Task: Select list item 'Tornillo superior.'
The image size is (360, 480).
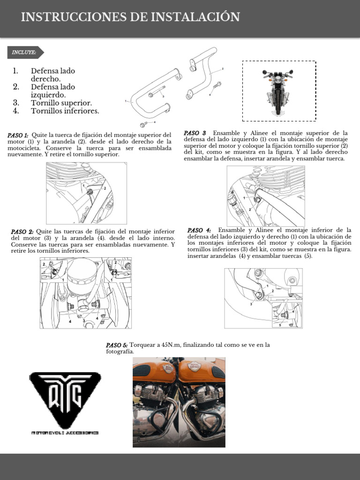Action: (61, 103)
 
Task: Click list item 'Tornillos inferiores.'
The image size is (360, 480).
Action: (65, 111)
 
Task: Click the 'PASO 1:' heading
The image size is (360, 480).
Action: (18, 135)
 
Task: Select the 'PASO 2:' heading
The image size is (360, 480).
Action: (22, 232)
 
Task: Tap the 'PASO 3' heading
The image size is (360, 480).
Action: (195, 133)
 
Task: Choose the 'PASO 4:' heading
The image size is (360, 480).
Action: (199, 230)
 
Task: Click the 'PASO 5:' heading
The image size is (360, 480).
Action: (117, 345)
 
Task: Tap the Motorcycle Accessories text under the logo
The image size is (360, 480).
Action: (65, 433)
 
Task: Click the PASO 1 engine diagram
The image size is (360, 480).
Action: (86, 192)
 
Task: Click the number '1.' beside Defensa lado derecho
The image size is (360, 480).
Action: (15, 71)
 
